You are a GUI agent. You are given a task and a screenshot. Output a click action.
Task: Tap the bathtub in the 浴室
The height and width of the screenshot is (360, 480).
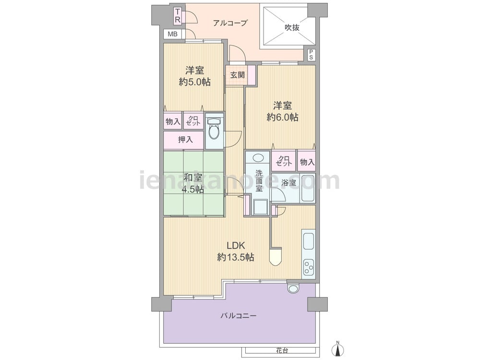[x=308, y=188]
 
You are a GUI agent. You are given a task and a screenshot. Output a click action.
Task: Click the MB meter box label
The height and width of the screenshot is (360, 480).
[x=172, y=34]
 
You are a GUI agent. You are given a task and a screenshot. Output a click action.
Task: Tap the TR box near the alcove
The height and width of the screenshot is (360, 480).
[x=178, y=16]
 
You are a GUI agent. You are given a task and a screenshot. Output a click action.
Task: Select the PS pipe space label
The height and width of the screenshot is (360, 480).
[x=311, y=55]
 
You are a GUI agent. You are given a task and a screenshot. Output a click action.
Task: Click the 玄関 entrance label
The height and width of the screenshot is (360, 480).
[x=238, y=75]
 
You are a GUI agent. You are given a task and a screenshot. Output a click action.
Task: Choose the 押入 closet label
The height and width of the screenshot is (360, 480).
[x=185, y=140]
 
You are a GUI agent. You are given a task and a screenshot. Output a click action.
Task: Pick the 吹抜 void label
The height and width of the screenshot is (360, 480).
[x=292, y=27]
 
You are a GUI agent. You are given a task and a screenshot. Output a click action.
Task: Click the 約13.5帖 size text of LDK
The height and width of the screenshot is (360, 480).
[x=235, y=257]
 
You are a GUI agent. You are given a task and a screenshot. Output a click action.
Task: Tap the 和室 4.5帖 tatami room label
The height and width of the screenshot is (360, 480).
[x=193, y=183]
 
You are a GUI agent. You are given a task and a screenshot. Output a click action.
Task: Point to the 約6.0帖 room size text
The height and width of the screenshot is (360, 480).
[x=282, y=117]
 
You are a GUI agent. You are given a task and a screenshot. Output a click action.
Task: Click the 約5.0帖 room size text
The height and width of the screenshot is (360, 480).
[x=195, y=82]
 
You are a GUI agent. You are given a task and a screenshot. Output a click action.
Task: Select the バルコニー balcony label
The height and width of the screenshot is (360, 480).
[x=239, y=316]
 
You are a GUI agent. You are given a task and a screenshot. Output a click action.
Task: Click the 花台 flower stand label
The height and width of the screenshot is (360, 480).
[x=282, y=350]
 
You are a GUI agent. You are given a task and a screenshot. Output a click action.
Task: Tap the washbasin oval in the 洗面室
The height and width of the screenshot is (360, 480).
[x=259, y=158]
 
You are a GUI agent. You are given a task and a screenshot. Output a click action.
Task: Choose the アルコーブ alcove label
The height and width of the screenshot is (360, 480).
[x=230, y=23]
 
